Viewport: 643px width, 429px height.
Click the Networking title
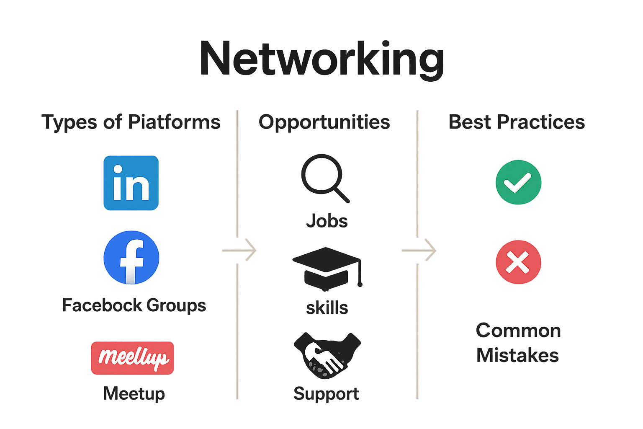[x=321, y=59]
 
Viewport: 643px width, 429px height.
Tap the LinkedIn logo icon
[x=131, y=183]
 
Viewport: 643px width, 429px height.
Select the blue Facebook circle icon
[x=131, y=257]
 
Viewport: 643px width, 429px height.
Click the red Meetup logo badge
[x=132, y=358]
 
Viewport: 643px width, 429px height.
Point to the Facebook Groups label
[x=134, y=305]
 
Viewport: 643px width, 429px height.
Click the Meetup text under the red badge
[x=134, y=393]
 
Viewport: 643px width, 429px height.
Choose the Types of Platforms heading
[x=131, y=122]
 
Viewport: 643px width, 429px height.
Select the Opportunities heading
[x=324, y=122]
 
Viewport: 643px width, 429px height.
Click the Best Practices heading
[x=517, y=122]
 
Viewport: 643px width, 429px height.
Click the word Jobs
[x=327, y=221]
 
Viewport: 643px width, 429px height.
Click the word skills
[x=327, y=308]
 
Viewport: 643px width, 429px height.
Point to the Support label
[x=326, y=393]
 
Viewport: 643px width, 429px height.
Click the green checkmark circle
[x=518, y=182]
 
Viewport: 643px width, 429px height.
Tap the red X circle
[x=518, y=262]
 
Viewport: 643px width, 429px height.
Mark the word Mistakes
[x=517, y=355]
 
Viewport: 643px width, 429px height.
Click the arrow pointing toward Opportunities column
[x=239, y=251]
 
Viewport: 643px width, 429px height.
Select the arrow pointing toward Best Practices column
[x=419, y=251]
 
